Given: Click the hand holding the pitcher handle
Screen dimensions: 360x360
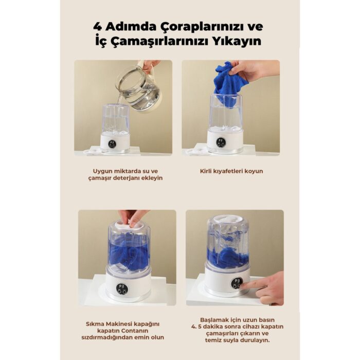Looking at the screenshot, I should click(150, 65).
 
